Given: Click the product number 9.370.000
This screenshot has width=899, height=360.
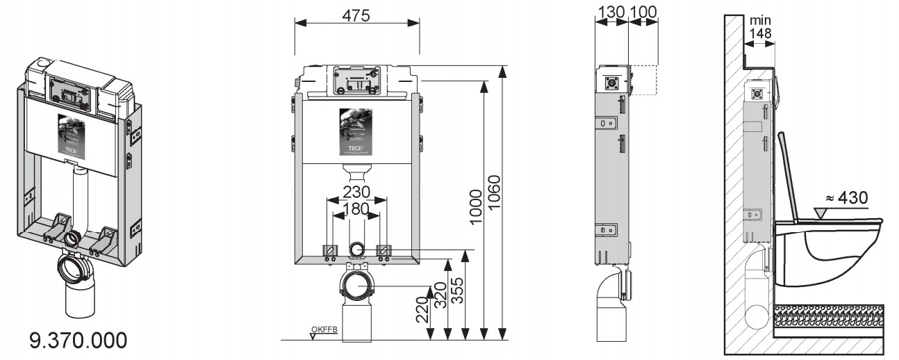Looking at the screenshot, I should point(78,341).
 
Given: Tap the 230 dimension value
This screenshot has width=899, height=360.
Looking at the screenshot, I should point(356,191).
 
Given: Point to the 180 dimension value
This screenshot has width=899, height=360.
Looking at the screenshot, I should point(356,209).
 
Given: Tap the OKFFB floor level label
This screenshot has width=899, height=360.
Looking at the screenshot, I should point(324,329).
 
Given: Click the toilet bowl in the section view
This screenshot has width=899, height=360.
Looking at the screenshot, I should point(830,254).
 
